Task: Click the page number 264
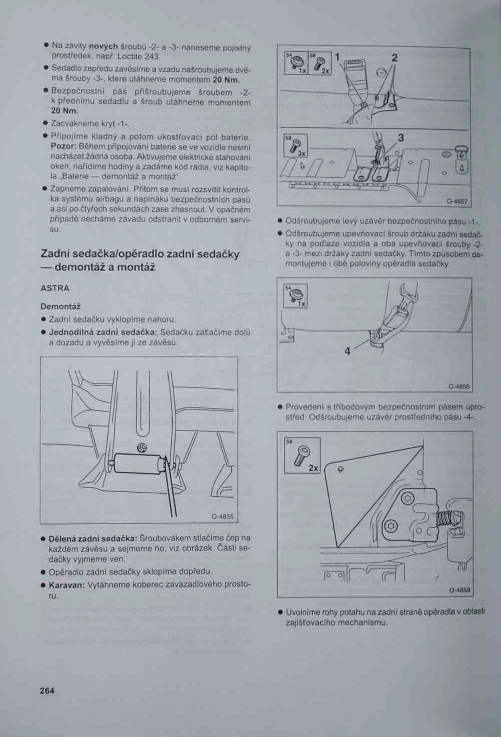coord(47,690)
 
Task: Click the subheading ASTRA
coord(55,288)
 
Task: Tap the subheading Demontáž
coord(60,306)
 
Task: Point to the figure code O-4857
coord(457,202)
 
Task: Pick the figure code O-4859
coord(460,591)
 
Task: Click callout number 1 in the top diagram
coord(337,57)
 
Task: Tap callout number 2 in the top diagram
coord(395,58)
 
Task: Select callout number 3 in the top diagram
coord(401,137)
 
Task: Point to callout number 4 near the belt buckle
coord(347,351)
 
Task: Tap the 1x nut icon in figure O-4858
coord(297,296)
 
